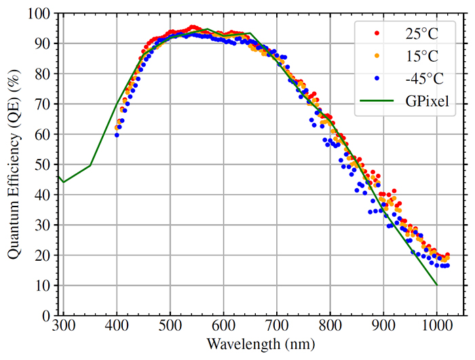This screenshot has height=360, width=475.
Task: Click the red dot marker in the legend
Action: coord(377,32)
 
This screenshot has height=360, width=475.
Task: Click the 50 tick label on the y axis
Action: coord(43,164)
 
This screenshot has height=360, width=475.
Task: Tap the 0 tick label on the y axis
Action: coord(46,316)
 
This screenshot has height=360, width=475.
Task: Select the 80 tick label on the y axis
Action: coord(43,73)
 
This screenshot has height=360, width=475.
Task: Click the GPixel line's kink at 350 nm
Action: coord(90,165)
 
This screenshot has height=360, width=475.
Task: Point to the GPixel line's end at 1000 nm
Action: coord(437,285)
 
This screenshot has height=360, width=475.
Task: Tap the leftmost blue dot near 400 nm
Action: coord(117,134)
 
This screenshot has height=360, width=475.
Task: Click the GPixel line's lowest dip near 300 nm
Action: coord(63,182)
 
